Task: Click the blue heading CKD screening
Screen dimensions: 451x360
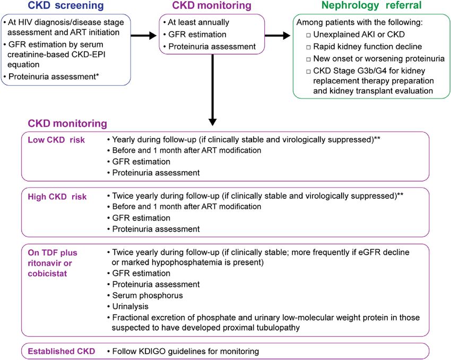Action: tap(66, 5)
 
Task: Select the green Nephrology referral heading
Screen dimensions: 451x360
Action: tap(371, 5)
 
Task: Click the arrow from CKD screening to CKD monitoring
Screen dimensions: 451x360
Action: tap(144, 36)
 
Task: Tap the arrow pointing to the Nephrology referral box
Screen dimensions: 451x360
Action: tap(277, 36)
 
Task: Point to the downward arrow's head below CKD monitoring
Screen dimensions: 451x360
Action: tap(212, 122)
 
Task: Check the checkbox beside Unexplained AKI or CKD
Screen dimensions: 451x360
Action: tap(308, 35)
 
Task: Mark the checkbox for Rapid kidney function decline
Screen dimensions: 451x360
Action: tap(308, 47)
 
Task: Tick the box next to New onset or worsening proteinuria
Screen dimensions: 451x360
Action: tap(308, 59)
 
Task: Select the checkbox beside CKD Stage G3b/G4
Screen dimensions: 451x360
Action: tap(308, 71)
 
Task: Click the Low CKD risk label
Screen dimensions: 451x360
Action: tap(56, 140)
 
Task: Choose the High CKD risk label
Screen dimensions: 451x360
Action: tap(57, 197)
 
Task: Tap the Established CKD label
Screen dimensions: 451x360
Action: tap(61, 351)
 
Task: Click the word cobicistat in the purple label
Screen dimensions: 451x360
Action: tap(47, 273)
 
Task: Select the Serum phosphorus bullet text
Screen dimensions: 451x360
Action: tap(148, 295)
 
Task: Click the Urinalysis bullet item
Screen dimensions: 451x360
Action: tap(131, 306)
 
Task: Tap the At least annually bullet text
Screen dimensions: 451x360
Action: tap(198, 22)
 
